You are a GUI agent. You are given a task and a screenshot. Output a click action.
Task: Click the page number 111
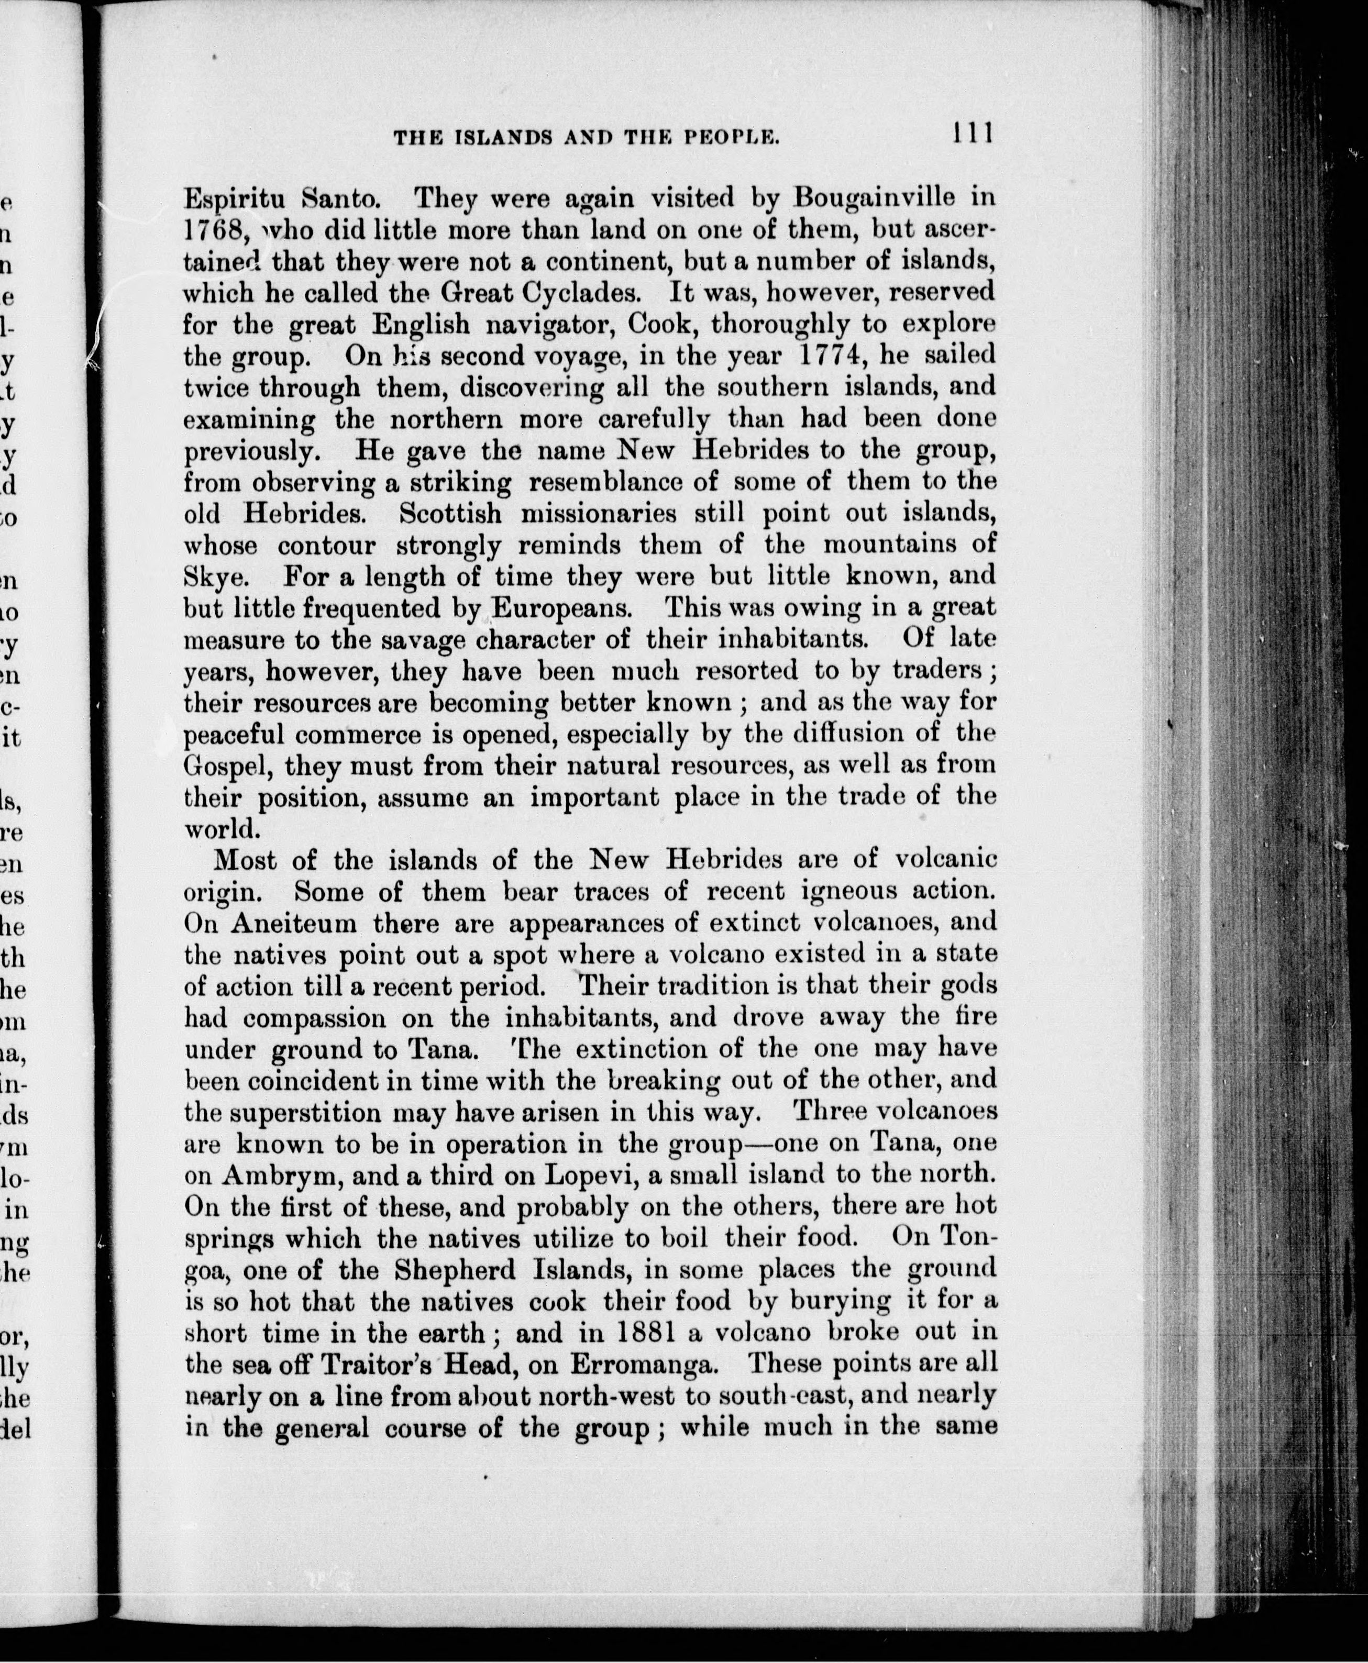(x=973, y=132)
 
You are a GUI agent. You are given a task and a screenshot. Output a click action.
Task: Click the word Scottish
(x=450, y=514)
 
